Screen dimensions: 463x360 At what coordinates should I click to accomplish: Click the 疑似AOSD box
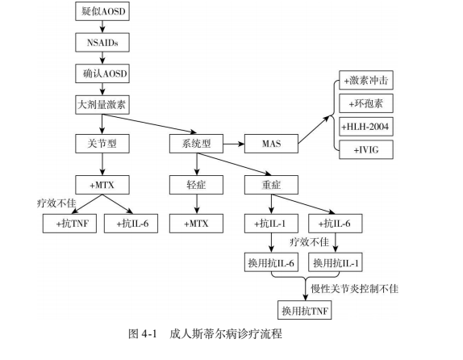(x=102, y=11)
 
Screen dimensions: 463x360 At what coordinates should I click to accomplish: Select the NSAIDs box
(x=102, y=43)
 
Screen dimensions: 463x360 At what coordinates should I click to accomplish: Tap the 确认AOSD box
(x=102, y=73)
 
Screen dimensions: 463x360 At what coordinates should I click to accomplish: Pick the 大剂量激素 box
(x=102, y=105)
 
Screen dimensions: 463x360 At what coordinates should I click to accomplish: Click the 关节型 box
(x=102, y=144)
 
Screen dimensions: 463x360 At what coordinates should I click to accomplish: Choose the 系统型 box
(x=196, y=144)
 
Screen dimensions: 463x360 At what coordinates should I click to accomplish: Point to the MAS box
(x=271, y=144)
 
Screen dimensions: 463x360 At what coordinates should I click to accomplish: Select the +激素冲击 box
(x=366, y=80)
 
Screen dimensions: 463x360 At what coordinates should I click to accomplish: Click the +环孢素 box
(x=366, y=103)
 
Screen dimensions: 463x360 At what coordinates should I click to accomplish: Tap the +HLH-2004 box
(x=366, y=127)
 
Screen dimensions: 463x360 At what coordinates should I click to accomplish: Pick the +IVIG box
(x=366, y=150)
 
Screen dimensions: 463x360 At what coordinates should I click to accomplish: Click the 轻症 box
(x=196, y=185)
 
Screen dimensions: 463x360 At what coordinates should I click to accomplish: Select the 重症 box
(x=271, y=185)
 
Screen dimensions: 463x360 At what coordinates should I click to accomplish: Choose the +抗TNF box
(x=69, y=224)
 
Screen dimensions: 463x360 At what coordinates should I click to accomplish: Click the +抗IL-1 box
(x=271, y=224)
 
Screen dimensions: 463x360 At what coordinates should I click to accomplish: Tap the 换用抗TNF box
(x=304, y=310)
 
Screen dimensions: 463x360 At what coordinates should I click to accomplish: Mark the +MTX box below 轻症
(x=196, y=224)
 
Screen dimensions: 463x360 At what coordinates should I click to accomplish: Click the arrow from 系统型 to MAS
(x=234, y=144)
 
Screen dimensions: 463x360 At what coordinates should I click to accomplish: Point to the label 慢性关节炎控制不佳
(x=354, y=288)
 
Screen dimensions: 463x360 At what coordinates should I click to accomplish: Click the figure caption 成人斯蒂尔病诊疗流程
(x=226, y=333)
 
